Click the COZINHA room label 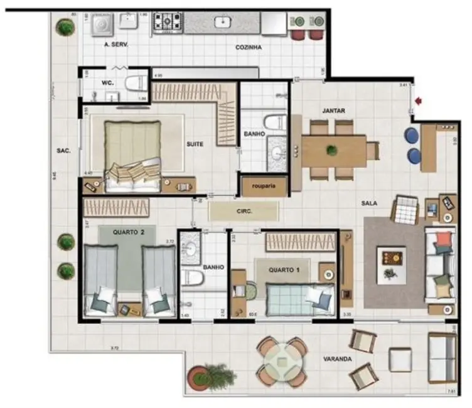(248, 47)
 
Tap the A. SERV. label (117, 45)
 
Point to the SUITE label (195, 144)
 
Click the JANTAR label (333, 111)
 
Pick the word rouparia (256, 186)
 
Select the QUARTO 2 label (129, 232)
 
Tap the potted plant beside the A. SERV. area (63, 27)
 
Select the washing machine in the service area (100, 23)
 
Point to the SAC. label (63, 151)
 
